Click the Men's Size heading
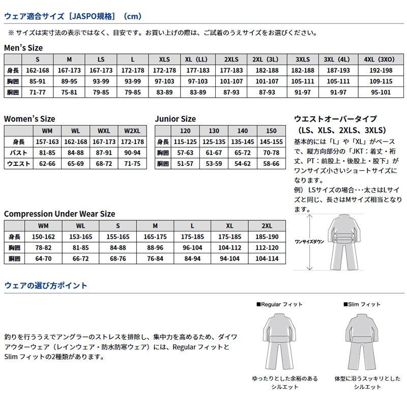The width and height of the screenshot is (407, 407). click(x=23, y=48)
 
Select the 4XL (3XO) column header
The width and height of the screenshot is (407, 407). click(x=379, y=59)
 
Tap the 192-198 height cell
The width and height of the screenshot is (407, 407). click(x=379, y=70)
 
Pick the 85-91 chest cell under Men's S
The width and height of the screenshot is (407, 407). click(x=37, y=81)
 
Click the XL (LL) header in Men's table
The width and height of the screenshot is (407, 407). click(x=196, y=59)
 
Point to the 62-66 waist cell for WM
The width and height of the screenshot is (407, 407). click(x=47, y=164)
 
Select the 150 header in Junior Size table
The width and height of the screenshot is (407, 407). click(x=271, y=131)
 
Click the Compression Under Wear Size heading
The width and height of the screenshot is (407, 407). click(x=60, y=214)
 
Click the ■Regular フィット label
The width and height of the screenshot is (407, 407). click(x=279, y=304)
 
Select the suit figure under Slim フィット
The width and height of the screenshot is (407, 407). click(x=362, y=341)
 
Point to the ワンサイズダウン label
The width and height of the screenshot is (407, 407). click(x=309, y=242)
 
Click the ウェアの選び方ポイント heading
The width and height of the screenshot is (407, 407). click(x=45, y=285)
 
